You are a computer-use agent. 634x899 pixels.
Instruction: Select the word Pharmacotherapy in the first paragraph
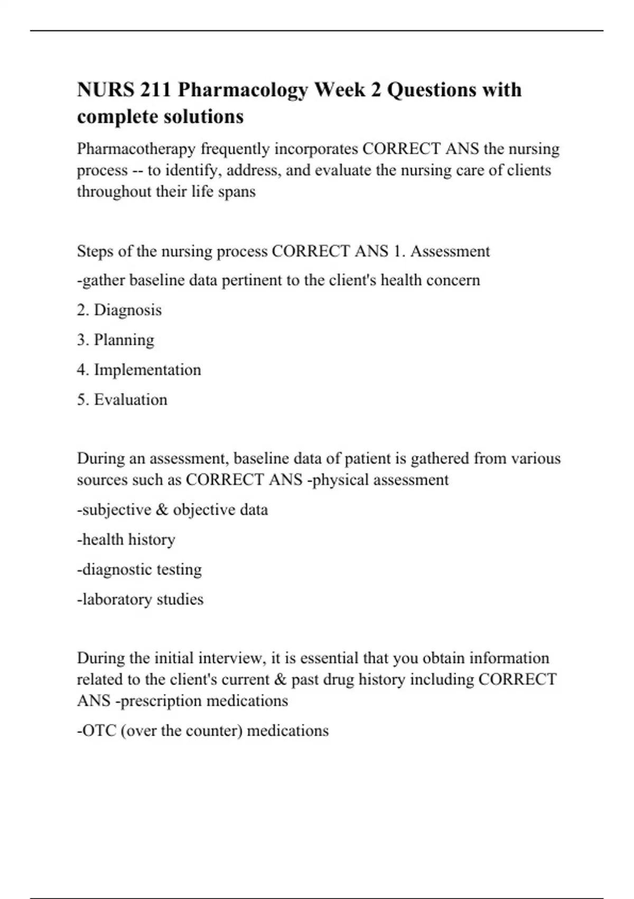136,149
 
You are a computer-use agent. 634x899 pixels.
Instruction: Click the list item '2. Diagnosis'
119,310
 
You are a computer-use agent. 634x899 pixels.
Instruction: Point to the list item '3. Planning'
116,340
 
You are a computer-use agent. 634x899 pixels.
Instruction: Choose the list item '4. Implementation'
139,370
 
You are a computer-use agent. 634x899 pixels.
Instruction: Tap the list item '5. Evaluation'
122,399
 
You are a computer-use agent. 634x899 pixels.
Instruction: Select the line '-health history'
126,539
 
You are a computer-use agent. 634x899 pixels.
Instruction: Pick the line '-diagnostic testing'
139,570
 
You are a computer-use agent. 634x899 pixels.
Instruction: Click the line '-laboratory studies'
140,599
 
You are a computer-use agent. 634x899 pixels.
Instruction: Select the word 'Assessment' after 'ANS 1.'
450,251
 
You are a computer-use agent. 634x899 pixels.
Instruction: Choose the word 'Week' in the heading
340,90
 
